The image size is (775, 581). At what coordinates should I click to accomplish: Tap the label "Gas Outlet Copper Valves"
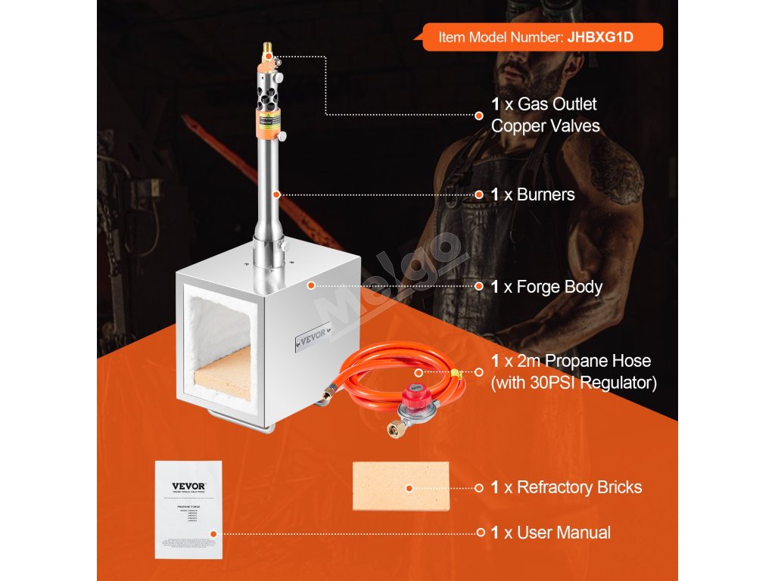pos(545,115)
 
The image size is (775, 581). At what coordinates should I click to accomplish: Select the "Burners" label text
pos(545,194)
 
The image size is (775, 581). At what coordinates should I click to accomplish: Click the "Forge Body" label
pos(559,287)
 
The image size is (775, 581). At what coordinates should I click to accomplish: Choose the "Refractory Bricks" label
pos(579,487)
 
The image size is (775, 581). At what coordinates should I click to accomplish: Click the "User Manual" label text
pos(563,533)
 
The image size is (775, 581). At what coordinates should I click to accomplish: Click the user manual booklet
pos(188,509)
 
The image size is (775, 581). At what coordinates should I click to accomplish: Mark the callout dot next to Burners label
pos(479,194)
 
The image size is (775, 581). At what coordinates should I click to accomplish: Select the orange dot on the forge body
pos(310,286)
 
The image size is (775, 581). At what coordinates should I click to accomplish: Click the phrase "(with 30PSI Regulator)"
pos(574,384)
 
